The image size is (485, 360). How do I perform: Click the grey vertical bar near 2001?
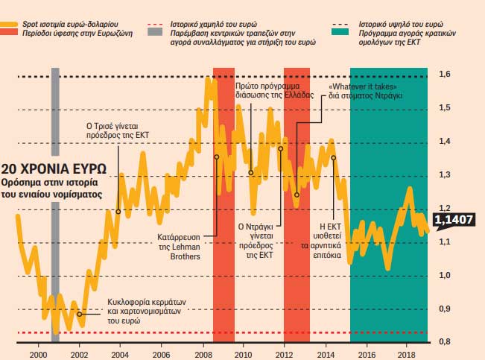[55, 201]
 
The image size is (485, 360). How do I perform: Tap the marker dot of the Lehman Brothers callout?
[217, 157]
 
